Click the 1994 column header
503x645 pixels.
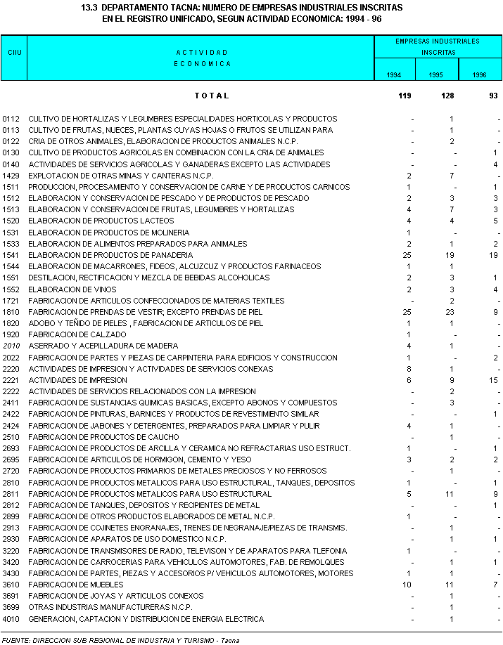pos(394,74)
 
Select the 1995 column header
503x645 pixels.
pos(436,74)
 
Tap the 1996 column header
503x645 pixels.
pos(479,74)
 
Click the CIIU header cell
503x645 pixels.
pos(13,53)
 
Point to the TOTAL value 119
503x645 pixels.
pos(405,96)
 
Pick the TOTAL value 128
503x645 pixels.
pos(447,96)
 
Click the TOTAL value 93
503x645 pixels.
pos(492,96)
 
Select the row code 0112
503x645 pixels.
pos(11,119)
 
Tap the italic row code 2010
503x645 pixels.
pos(11,346)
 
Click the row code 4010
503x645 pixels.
pos(11,619)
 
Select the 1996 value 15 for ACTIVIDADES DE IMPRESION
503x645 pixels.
pos(492,380)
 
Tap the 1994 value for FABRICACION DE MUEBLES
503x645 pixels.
pos(407,585)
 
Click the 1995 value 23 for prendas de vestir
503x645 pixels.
pos(450,312)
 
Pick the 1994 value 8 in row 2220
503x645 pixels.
pos(409,368)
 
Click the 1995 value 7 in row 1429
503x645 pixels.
pos(452,175)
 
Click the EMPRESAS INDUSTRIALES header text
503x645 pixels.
pos(438,41)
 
